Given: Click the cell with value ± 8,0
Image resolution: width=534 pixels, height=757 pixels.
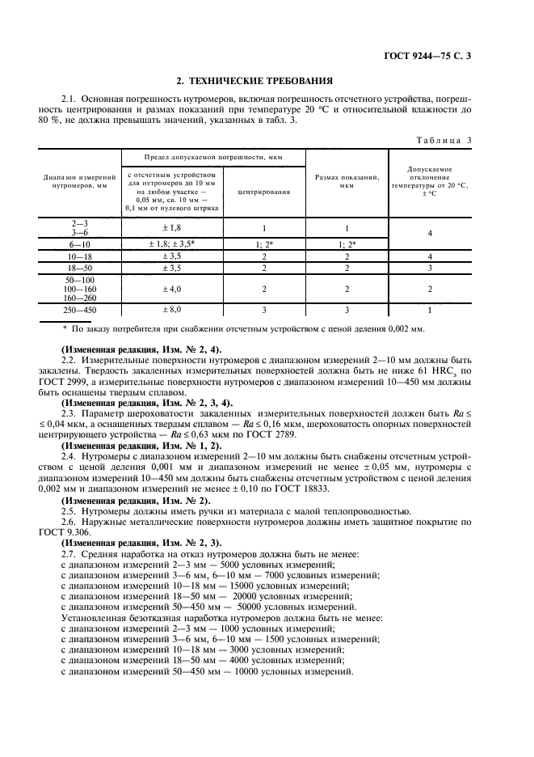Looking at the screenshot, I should (171, 309).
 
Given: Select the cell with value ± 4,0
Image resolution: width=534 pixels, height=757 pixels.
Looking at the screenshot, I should (171, 287).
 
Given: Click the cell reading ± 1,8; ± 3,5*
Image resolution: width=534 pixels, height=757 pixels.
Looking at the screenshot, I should (171, 243).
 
